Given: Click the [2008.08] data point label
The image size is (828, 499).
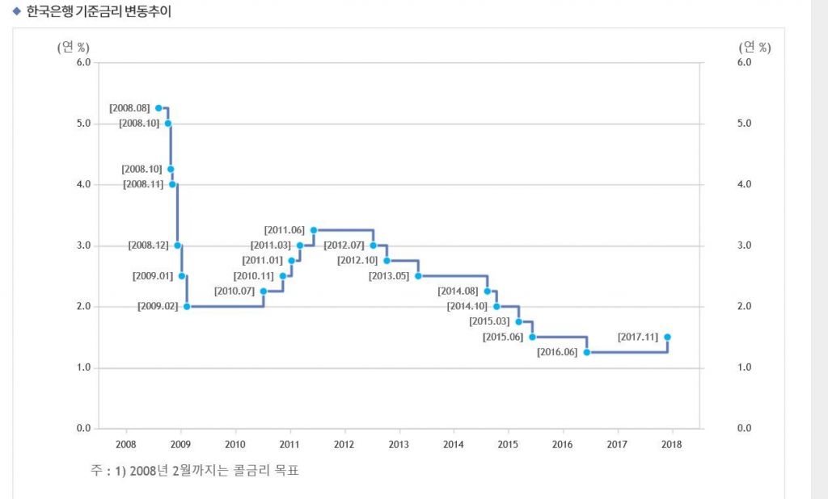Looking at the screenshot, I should (129, 108).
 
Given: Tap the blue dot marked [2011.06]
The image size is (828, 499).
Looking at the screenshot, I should (313, 230).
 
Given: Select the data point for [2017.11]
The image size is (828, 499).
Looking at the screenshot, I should (667, 338).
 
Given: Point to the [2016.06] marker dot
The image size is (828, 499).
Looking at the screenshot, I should (586, 352).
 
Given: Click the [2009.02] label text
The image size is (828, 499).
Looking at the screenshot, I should (158, 307).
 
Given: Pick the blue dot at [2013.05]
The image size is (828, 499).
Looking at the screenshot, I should (418, 276).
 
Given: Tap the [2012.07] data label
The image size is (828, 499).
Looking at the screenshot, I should (344, 245).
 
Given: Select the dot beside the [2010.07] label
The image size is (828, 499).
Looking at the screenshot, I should (264, 291).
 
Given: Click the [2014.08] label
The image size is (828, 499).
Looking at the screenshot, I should (458, 291).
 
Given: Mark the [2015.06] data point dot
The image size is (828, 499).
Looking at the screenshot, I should (532, 337).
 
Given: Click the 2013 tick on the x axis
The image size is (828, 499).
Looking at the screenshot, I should (399, 444).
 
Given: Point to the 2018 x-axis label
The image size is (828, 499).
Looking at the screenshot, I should (671, 444).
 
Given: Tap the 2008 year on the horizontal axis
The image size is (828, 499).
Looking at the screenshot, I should (126, 444).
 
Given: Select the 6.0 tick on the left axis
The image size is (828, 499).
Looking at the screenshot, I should (82, 62).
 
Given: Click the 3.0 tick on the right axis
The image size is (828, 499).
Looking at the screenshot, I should (745, 245).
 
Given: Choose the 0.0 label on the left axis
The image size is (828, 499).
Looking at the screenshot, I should (82, 429).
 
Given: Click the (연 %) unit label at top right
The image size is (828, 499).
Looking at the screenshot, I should (754, 47).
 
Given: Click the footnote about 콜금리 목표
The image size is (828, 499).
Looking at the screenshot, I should (195, 470).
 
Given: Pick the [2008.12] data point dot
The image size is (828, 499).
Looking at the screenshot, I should (177, 245).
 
